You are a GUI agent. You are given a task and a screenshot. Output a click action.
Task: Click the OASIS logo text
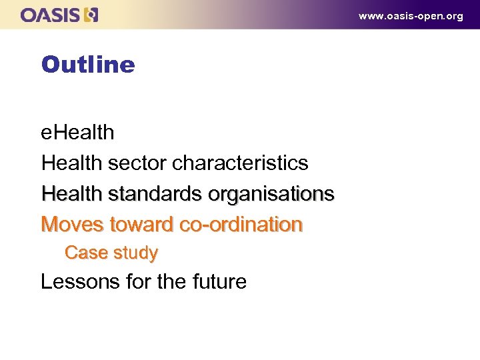point(50,15)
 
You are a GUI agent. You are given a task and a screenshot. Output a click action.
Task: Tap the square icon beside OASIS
point(91,15)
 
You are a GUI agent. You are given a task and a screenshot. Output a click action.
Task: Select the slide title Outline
point(87,65)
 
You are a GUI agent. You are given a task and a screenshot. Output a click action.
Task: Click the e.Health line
point(77,132)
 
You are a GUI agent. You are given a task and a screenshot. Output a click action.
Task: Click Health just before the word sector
point(71,163)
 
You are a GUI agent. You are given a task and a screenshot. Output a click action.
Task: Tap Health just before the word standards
point(71,193)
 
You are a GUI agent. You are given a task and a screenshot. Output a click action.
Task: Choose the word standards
point(155,193)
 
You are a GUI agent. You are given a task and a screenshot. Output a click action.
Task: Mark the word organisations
point(271,194)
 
